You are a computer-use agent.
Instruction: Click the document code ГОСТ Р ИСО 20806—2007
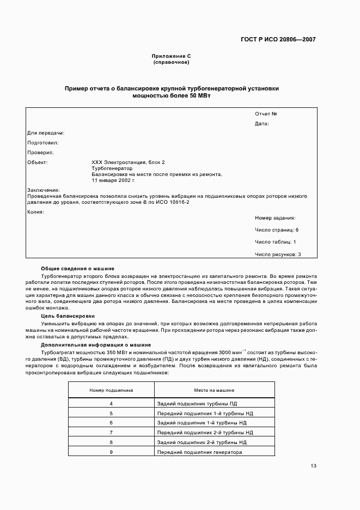(278, 40)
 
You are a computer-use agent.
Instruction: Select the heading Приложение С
(171, 56)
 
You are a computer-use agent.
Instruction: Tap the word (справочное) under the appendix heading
(171, 62)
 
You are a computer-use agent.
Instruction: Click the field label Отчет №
(266, 114)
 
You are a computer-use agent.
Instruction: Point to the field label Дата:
(262, 124)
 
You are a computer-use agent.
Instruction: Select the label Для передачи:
(46, 133)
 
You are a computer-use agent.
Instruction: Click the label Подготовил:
(42, 143)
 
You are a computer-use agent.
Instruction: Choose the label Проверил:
(40, 153)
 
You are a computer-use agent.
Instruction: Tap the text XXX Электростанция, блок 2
(128, 162)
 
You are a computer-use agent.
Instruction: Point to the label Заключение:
(43, 190)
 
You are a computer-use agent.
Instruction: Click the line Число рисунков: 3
(278, 254)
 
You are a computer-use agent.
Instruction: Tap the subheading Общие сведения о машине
(78, 269)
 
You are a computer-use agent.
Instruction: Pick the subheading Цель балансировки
(68, 316)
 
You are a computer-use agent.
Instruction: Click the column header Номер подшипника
(111, 390)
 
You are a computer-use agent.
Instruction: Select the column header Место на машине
(214, 390)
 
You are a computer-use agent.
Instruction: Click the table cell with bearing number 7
(111, 432)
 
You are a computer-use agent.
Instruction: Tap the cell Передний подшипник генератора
(199, 452)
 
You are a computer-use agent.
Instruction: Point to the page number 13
(313, 466)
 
